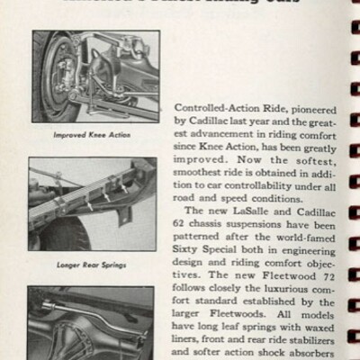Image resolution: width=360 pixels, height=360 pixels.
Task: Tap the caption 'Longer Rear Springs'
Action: click(94, 267)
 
